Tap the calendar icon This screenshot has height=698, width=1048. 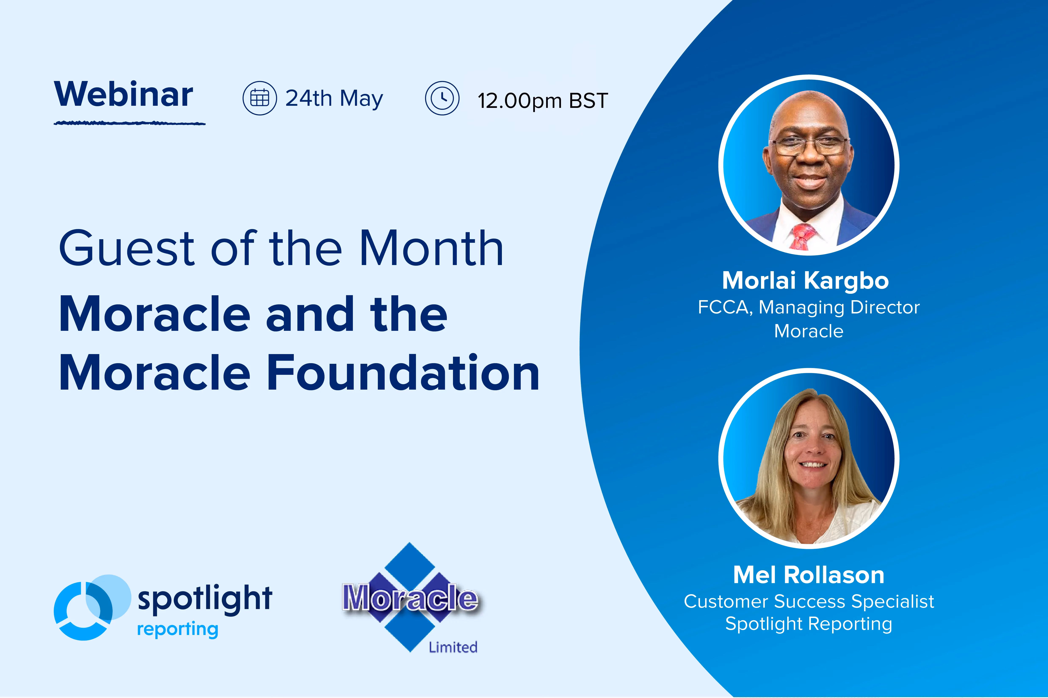point(260,98)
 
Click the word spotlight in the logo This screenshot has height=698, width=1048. point(205,599)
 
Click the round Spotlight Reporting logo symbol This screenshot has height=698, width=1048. point(92,607)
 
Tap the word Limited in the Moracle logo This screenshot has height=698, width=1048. point(453,647)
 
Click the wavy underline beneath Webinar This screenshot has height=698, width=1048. point(130,123)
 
